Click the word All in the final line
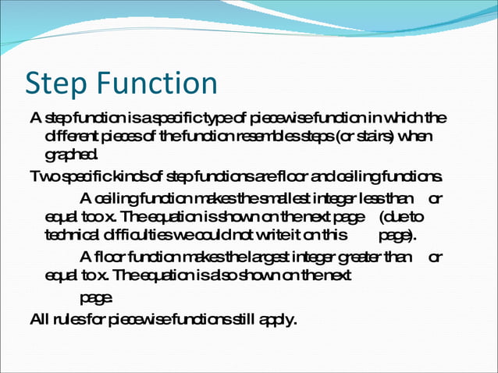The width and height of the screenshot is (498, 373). point(39,318)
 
